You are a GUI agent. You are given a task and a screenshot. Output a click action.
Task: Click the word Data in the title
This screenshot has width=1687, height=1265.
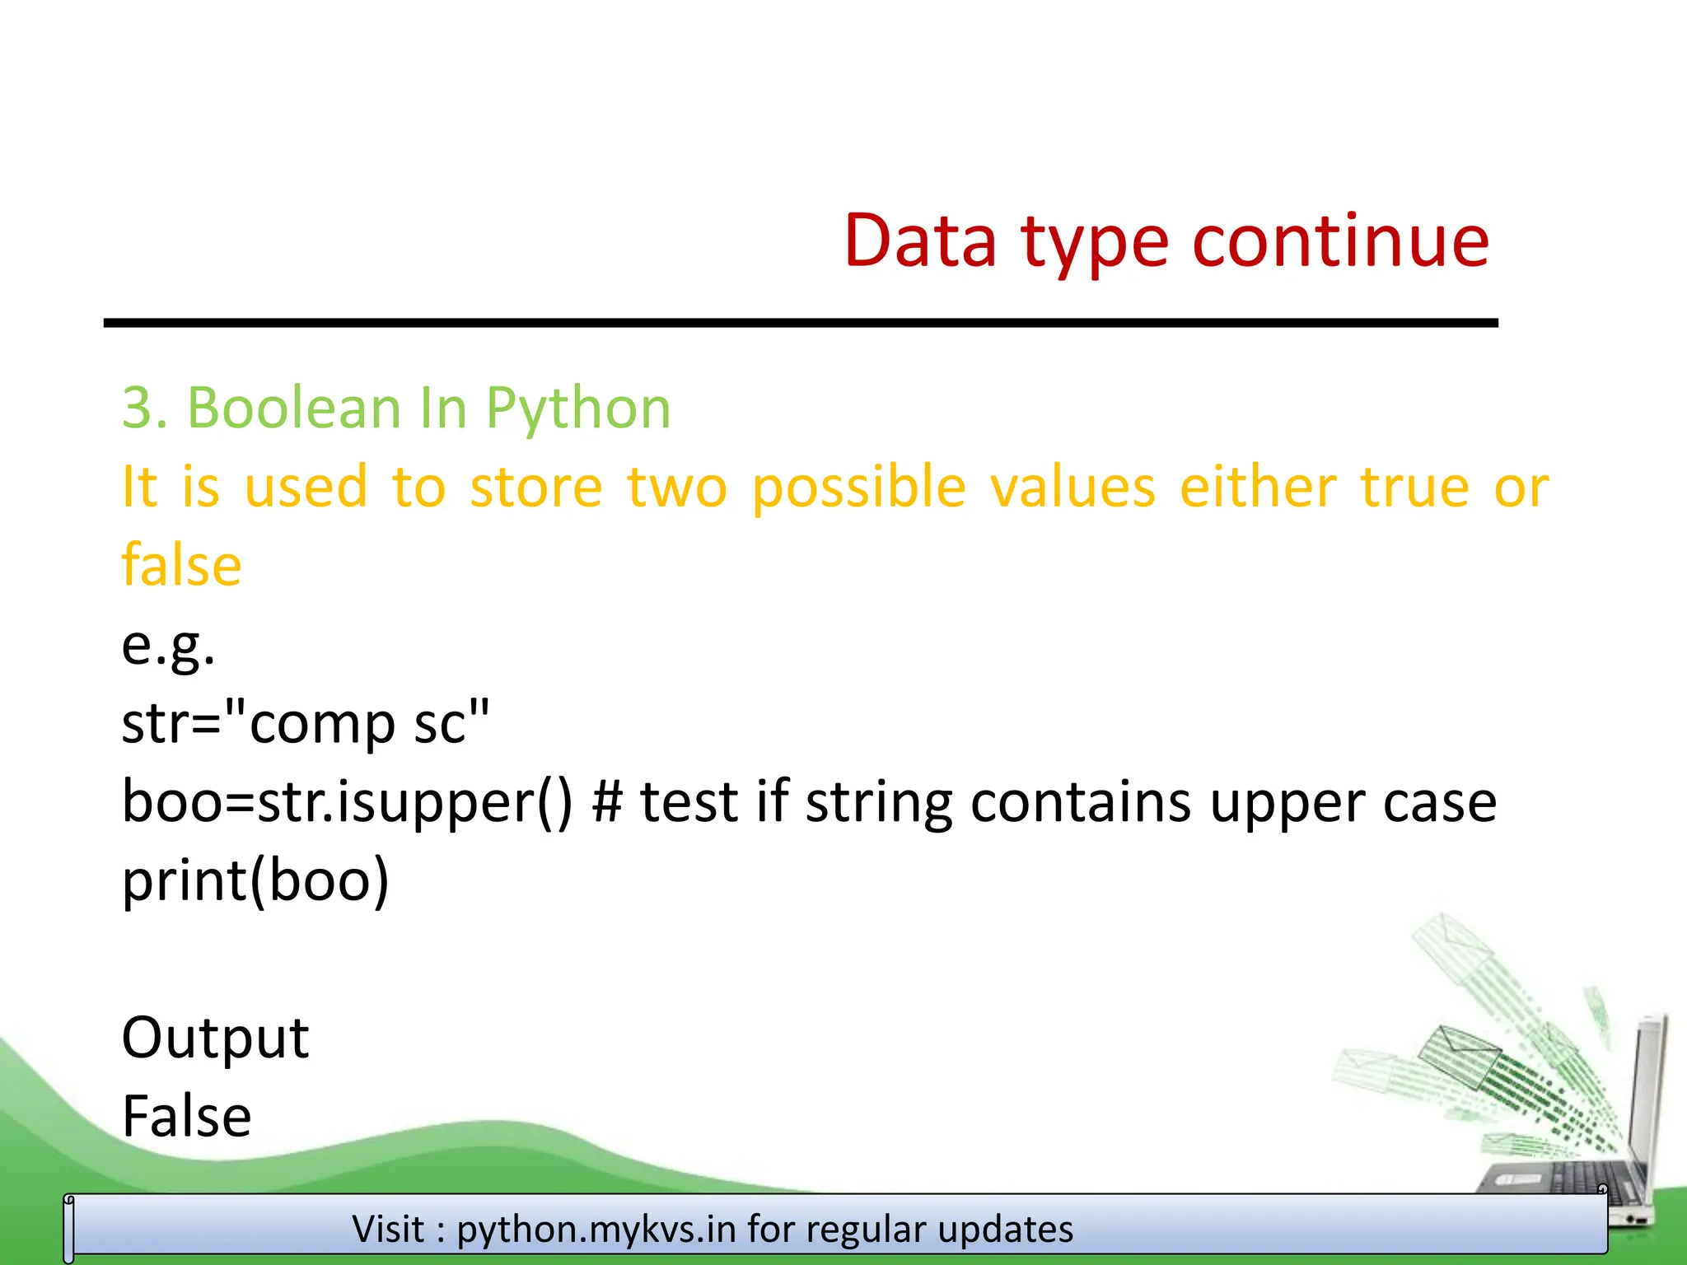[x=920, y=241]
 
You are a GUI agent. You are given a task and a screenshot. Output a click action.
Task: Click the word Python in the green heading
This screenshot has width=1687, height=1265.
[x=577, y=409]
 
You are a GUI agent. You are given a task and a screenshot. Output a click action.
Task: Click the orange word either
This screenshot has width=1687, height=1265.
[x=1257, y=486]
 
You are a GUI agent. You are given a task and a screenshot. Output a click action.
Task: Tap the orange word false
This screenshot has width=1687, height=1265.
[x=181, y=565]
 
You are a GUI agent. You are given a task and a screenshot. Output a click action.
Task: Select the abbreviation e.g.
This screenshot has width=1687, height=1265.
[x=168, y=646]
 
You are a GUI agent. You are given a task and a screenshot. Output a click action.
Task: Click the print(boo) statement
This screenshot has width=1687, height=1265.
[x=255, y=880]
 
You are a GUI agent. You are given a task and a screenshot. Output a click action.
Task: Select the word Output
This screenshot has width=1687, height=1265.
[x=215, y=1038]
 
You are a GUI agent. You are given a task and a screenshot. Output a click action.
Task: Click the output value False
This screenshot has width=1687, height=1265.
[x=186, y=1117]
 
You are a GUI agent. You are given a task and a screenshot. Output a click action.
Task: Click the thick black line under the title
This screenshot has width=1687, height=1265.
[x=800, y=324]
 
